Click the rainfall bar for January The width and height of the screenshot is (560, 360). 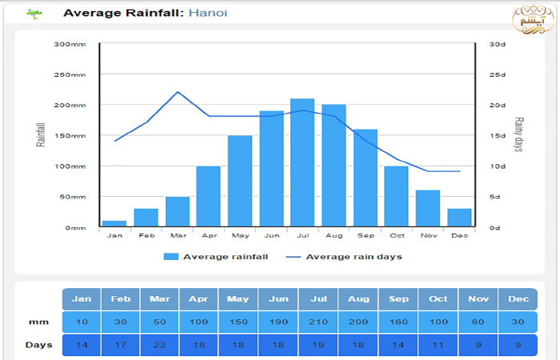(114, 223)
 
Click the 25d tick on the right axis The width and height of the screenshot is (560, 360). (498, 74)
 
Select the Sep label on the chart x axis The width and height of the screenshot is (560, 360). (365, 235)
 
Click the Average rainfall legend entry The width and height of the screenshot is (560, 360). (216, 257)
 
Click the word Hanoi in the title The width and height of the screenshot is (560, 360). (208, 13)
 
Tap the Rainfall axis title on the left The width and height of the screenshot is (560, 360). (41, 135)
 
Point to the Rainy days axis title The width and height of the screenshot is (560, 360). (518, 135)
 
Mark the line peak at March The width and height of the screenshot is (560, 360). (178, 92)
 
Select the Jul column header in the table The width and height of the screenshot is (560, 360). (318, 299)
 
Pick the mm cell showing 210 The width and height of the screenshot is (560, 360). (318, 322)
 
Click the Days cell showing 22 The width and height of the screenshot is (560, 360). (159, 346)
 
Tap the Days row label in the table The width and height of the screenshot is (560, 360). (38, 346)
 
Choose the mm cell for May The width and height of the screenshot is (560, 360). (239, 322)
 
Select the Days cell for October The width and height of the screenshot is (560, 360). (438, 346)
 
